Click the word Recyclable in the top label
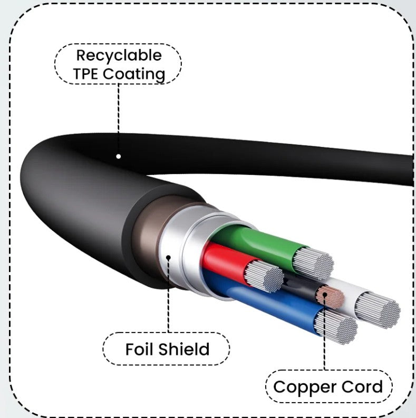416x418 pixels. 119,55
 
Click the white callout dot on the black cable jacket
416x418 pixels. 119,156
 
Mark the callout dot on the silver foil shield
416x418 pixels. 169,258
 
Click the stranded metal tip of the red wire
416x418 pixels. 264,277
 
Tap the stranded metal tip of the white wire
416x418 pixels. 377,308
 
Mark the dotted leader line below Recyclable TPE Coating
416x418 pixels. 119,116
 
